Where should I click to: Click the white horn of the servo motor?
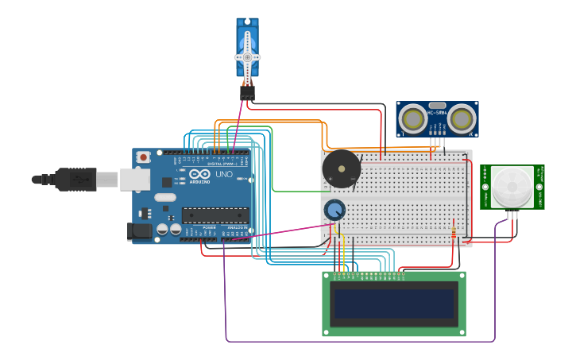247,56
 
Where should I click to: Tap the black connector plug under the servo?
247,93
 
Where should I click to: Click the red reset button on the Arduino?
143,157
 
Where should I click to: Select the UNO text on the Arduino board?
224,174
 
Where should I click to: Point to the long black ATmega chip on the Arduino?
215,215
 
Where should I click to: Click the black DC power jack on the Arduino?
140,231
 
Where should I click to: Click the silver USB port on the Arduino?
135,180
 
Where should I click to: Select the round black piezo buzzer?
342,168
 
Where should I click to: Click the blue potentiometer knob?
334,210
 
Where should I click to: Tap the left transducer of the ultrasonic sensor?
412,119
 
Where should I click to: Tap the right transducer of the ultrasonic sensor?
462,119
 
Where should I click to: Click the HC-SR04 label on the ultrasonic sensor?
437,113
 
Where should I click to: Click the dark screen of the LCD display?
394,304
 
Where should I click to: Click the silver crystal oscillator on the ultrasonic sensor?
437,105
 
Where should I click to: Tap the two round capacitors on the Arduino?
168,229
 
